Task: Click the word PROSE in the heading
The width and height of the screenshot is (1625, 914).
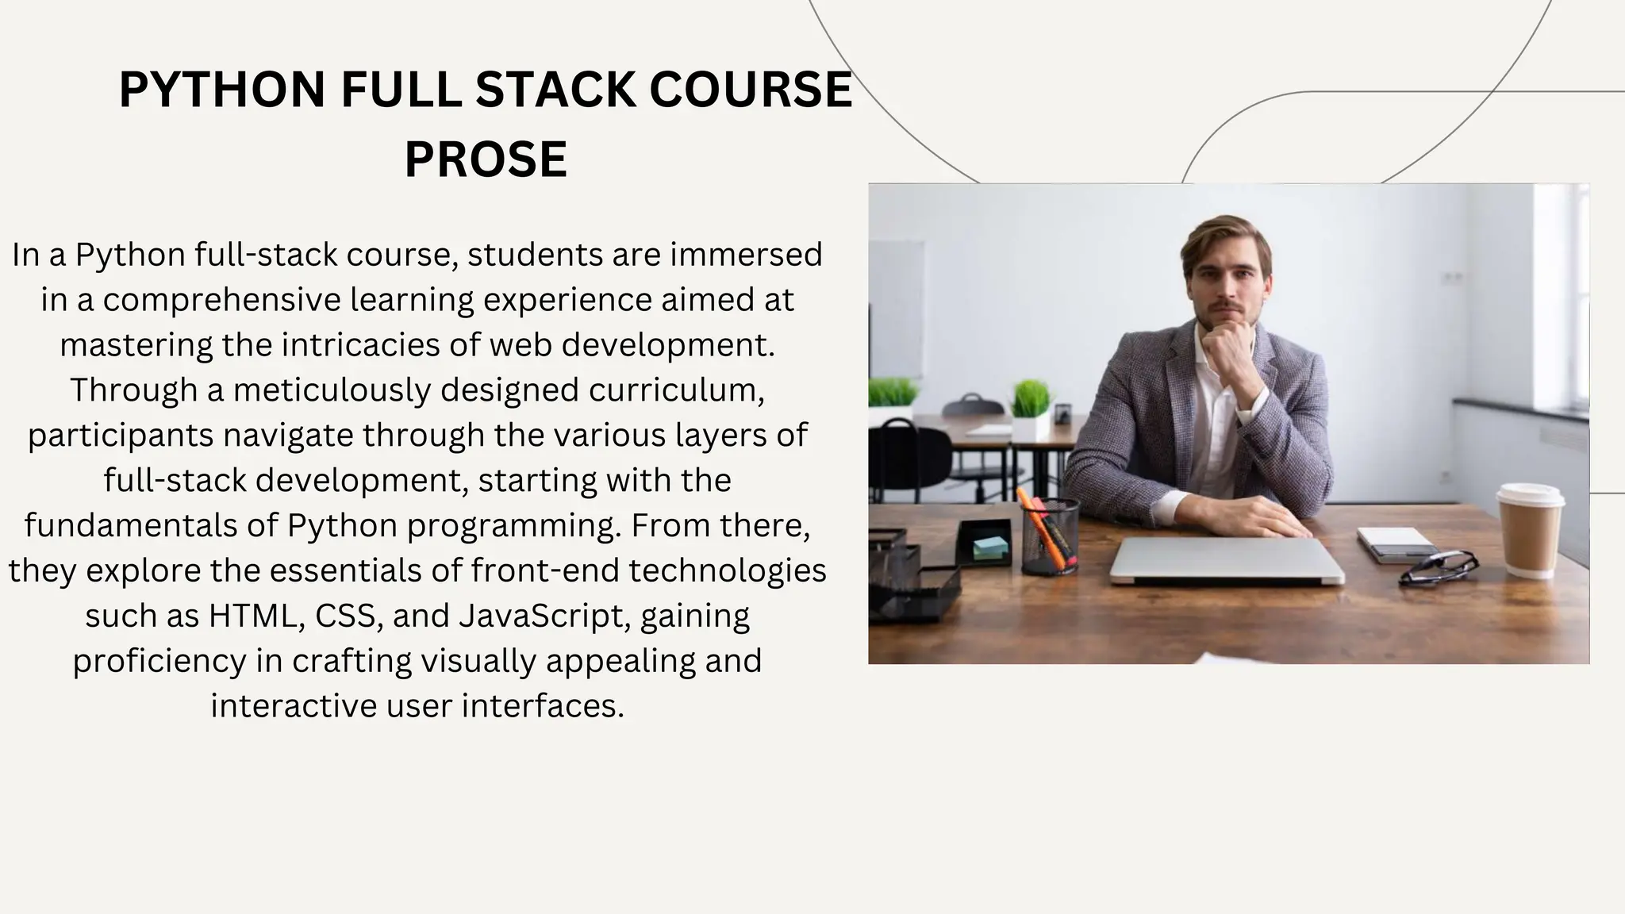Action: click(x=486, y=159)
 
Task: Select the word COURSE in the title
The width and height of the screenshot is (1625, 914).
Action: click(x=750, y=90)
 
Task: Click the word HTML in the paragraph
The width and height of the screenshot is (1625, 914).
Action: click(x=252, y=616)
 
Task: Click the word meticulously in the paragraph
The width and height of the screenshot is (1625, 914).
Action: click(x=331, y=390)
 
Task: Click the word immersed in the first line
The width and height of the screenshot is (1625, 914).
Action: click(x=746, y=255)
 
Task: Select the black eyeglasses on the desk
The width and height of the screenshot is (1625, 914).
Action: click(x=1438, y=566)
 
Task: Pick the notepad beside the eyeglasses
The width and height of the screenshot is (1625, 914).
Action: click(x=1395, y=544)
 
